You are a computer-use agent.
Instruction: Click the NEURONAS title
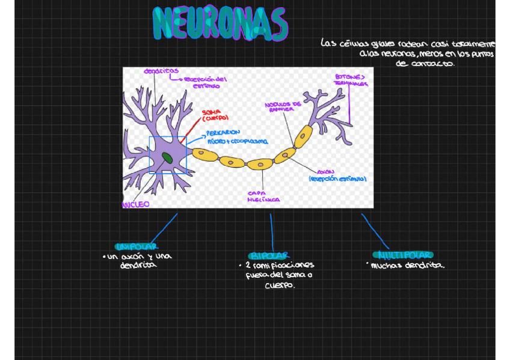[x=220, y=24]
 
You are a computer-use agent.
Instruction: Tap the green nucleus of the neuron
[x=166, y=158]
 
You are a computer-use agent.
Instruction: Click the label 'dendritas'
[x=161, y=71]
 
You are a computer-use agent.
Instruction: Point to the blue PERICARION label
[x=223, y=132]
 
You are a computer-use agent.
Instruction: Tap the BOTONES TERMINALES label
[x=351, y=80]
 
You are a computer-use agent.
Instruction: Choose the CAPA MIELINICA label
[x=263, y=197]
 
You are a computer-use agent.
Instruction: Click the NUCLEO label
[x=136, y=204]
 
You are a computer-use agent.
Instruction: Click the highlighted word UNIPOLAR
[x=137, y=246]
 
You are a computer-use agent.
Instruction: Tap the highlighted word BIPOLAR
[x=269, y=255]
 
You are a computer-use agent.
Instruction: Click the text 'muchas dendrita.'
[x=408, y=265]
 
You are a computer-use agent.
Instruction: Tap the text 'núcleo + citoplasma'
[x=238, y=142]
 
